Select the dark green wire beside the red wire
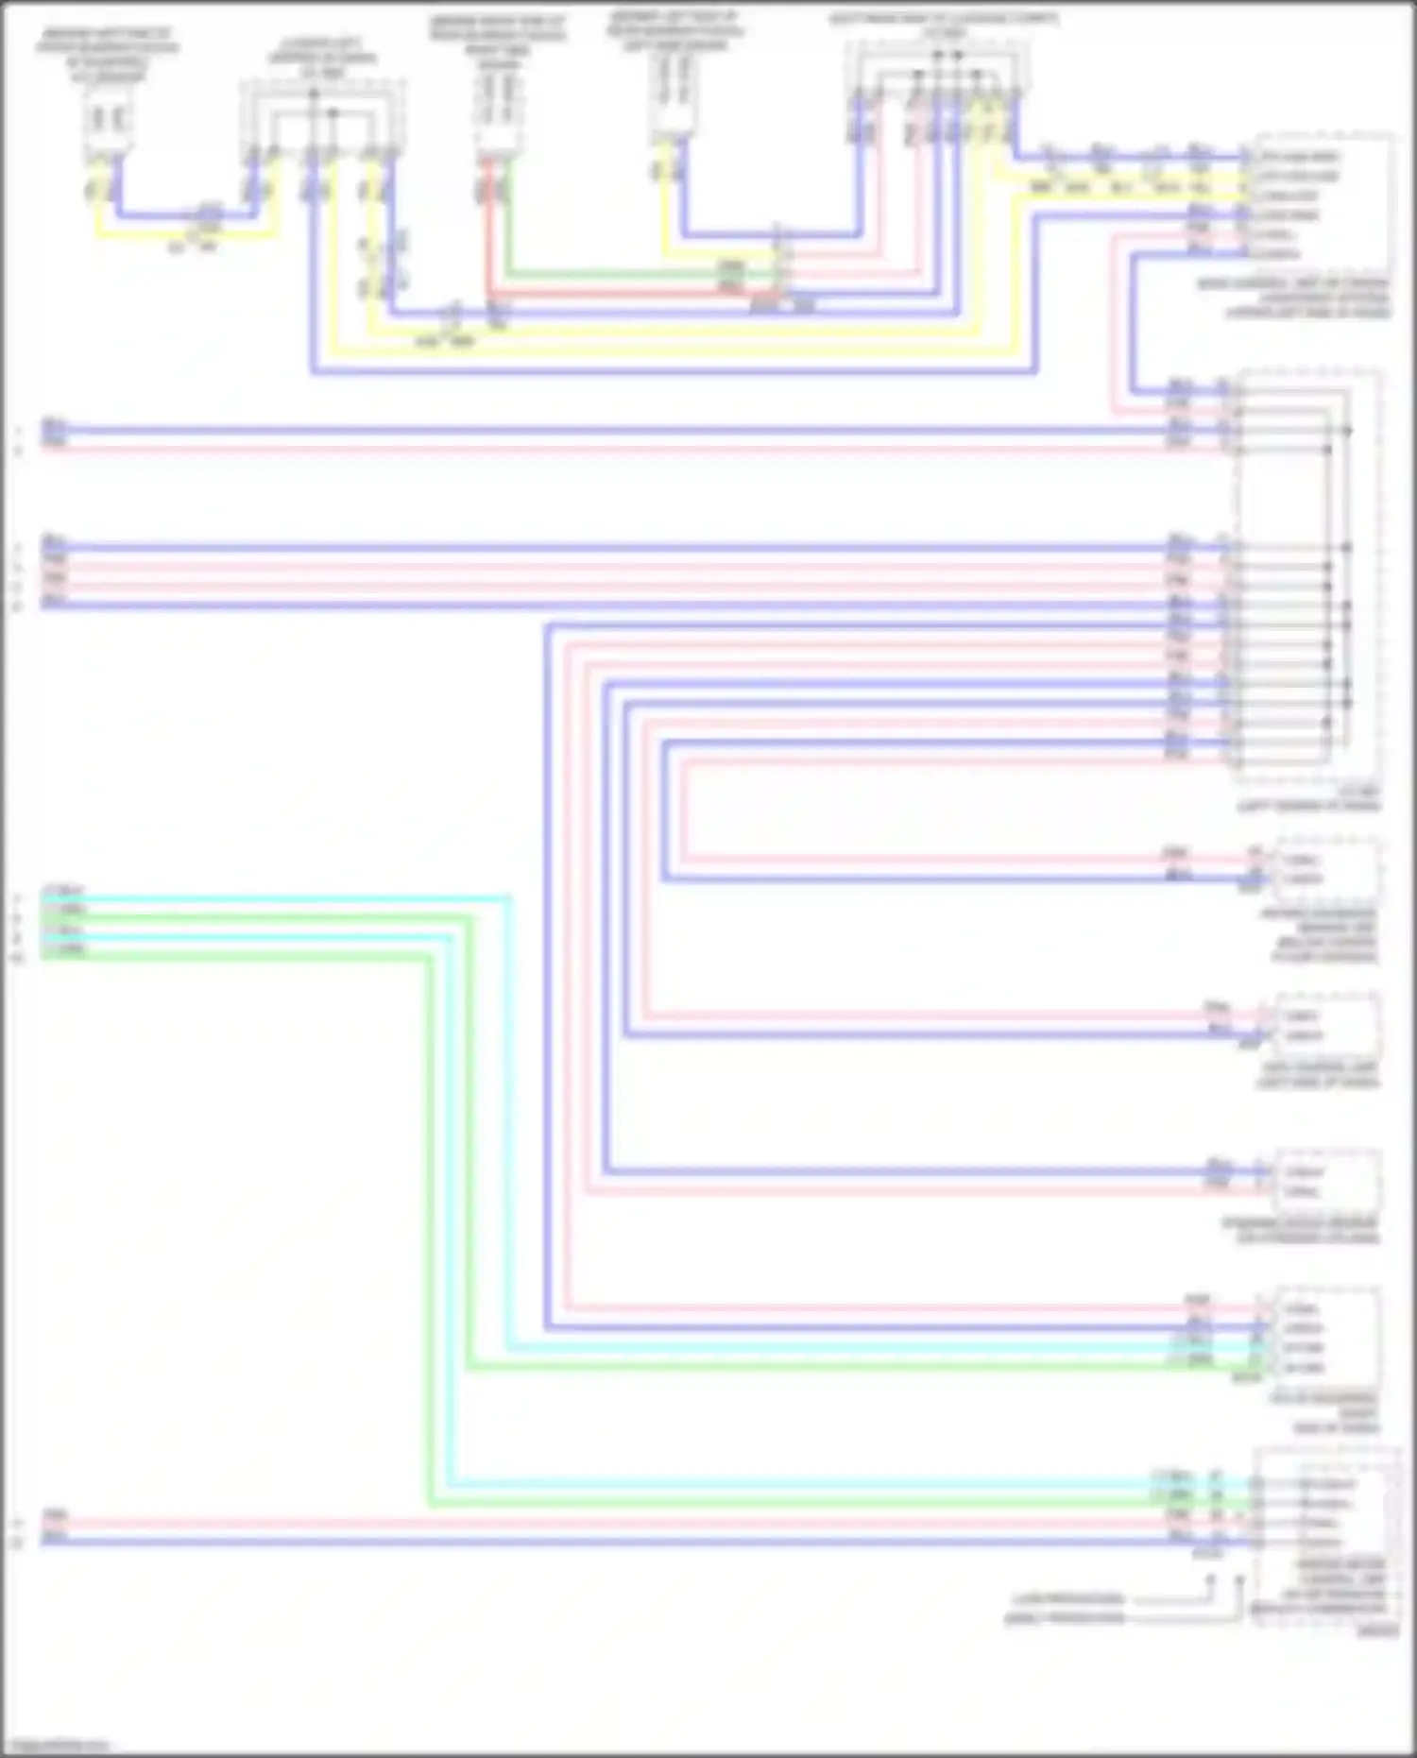pos(614,275)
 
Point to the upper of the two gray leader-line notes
pos(1068,1599)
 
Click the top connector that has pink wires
pos(935,94)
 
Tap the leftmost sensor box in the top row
pos(108,123)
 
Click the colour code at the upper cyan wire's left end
pos(63,891)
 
